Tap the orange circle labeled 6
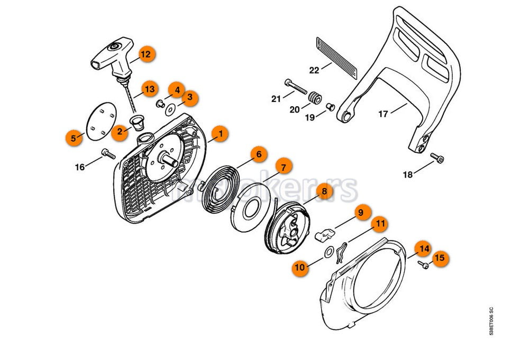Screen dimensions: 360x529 [x=258, y=155]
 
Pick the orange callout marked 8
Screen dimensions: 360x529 [x=324, y=191]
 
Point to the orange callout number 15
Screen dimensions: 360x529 [x=440, y=259]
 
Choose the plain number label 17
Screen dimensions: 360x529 [x=384, y=113]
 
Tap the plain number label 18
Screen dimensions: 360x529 [x=408, y=174]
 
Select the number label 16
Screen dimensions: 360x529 [x=80, y=168]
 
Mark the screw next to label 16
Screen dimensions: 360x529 [x=108, y=153]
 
